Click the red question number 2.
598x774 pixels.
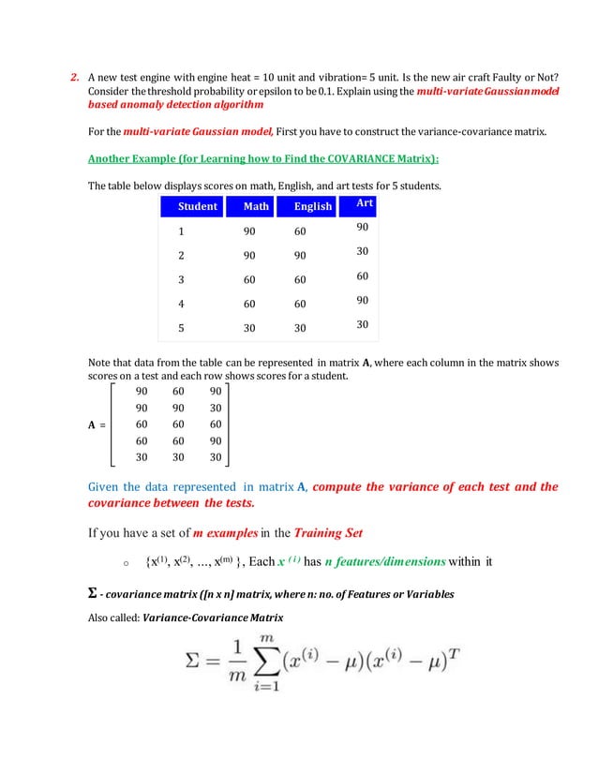(77, 78)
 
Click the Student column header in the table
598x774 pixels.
(197, 206)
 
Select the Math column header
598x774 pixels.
(256, 206)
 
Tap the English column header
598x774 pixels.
(312, 206)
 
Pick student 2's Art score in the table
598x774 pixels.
(361, 252)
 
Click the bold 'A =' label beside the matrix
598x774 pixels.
(97, 424)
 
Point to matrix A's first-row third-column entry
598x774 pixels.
(216, 391)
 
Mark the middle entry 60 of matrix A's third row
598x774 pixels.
(179, 424)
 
